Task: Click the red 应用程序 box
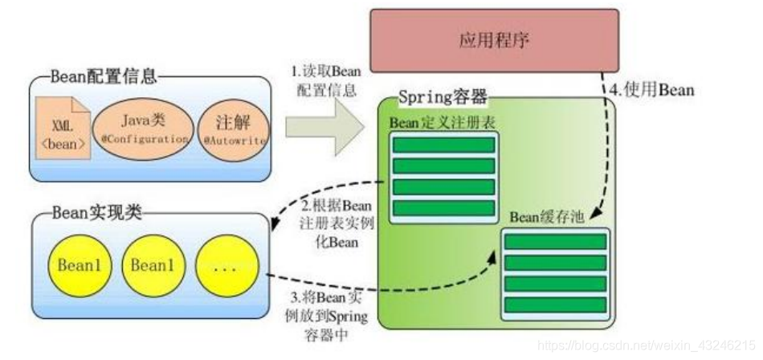(493, 39)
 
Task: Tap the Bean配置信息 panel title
(104, 78)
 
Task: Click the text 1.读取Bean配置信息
(327, 81)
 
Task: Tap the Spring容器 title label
(443, 98)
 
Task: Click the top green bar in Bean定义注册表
(443, 145)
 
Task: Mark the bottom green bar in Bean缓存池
(555, 305)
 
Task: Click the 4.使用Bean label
(651, 91)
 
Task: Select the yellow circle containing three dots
(226, 265)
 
